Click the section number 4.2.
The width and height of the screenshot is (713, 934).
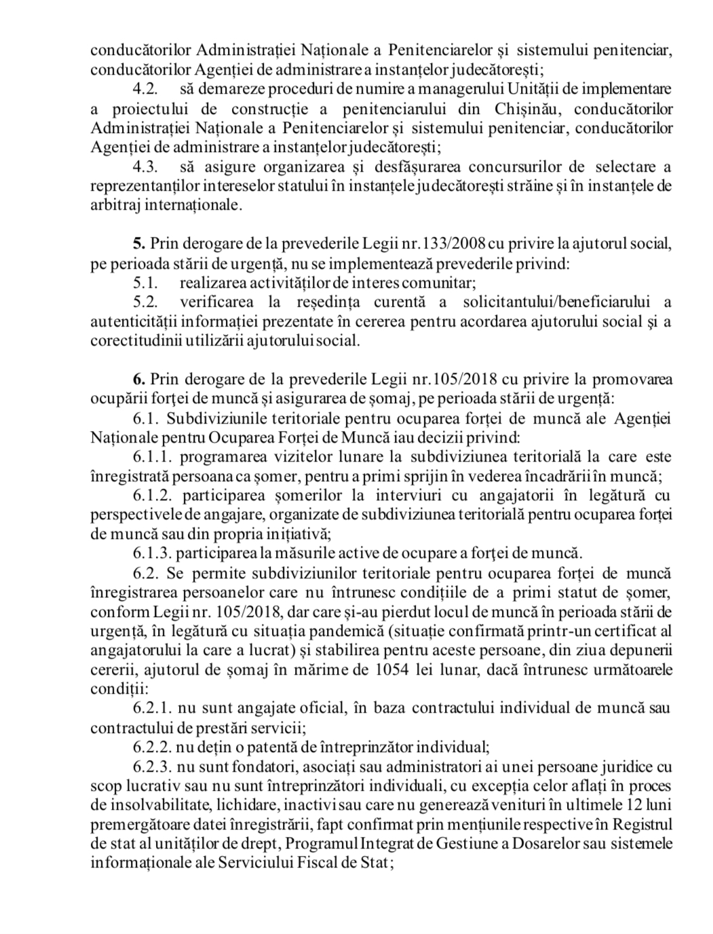tap(144, 89)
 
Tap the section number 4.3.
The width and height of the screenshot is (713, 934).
tap(144, 167)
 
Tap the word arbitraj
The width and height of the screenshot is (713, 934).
tap(114, 206)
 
